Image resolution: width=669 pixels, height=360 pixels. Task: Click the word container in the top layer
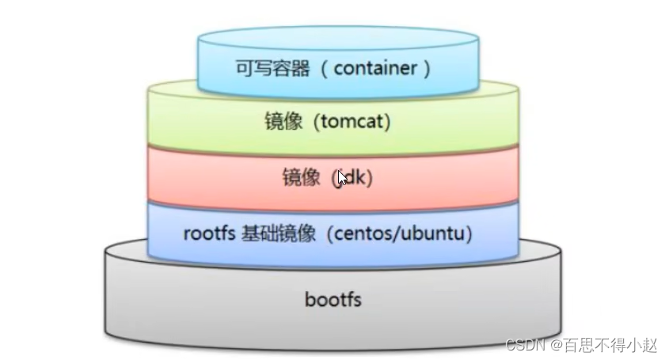pos(375,68)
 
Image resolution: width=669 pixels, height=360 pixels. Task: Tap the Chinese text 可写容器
pos(272,68)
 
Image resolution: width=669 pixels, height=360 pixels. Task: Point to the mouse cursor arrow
pos(342,177)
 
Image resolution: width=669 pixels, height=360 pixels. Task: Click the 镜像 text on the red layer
pos(301,178)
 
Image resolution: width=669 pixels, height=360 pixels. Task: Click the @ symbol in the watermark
pos(556,345)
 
